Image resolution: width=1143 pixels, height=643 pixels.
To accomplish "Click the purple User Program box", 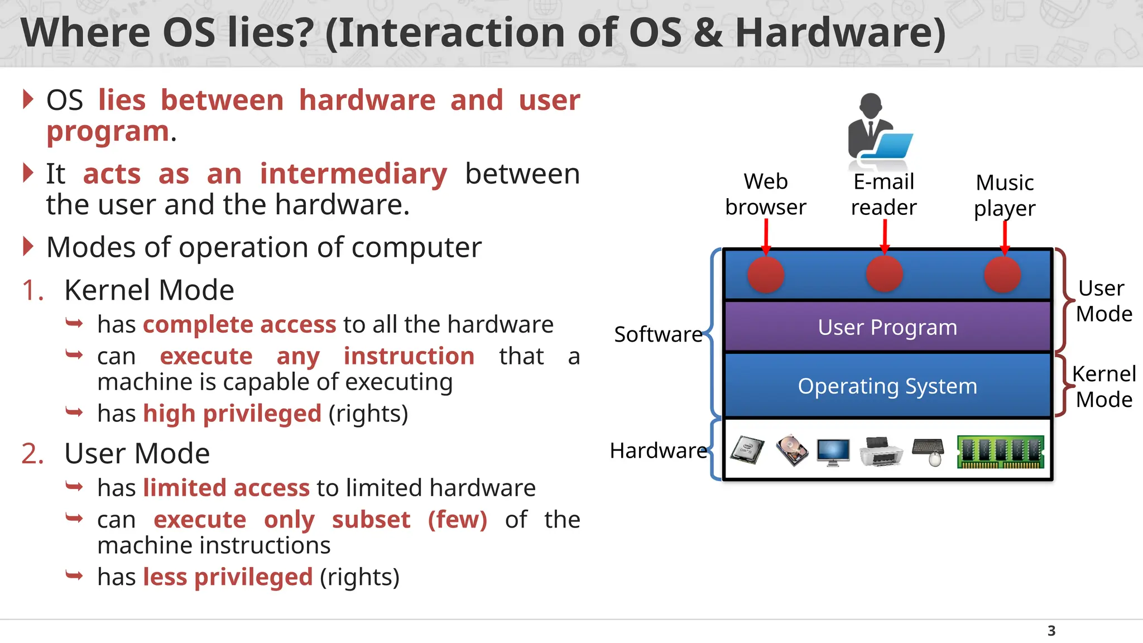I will pos(887,327).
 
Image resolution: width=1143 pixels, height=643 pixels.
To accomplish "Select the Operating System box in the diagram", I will pos(887,386).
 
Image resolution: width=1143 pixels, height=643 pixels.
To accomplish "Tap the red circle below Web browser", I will pos(766,275).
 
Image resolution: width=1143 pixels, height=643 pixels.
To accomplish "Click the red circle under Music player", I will pos(1002,275).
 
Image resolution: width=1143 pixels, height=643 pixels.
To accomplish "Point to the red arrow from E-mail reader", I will pos(885,236).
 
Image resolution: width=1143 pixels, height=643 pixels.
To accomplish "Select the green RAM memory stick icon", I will pos(1000,452).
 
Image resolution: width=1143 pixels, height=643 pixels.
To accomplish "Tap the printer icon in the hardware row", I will pos(881,452).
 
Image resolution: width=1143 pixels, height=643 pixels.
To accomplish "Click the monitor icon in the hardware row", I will pos(833,452).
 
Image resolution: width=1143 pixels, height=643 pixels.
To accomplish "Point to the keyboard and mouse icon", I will pos(928,452).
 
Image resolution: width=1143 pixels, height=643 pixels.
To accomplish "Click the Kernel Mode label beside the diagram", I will pos(1103,387).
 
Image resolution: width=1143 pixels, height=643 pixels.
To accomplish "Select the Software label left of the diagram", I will pos(658,334).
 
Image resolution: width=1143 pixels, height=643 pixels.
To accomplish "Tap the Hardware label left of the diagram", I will pos(658,450).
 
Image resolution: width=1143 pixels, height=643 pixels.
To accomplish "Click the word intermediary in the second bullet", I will pos(353,174).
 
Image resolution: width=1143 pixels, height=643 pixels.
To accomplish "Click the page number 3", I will pos(1051,631).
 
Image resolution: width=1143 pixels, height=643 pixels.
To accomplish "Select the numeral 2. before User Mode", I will pos(32,453).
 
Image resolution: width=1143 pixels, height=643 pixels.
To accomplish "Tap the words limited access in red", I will pos(226,488).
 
